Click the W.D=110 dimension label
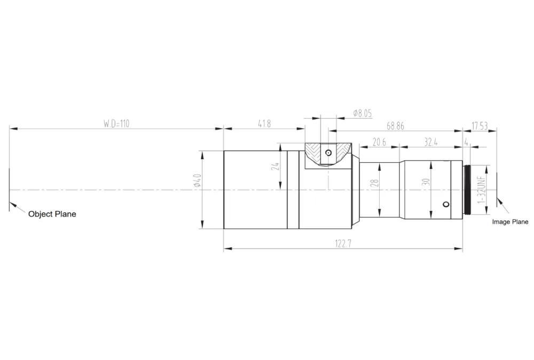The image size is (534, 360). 116,123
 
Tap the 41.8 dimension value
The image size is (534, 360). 264,123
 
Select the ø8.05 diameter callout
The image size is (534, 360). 363,113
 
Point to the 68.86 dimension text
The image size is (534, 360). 395,126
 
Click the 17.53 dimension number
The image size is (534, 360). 479,126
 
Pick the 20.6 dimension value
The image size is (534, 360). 379,142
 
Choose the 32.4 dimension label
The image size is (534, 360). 430,142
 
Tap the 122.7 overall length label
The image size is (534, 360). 343,244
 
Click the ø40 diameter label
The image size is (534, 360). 197,181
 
